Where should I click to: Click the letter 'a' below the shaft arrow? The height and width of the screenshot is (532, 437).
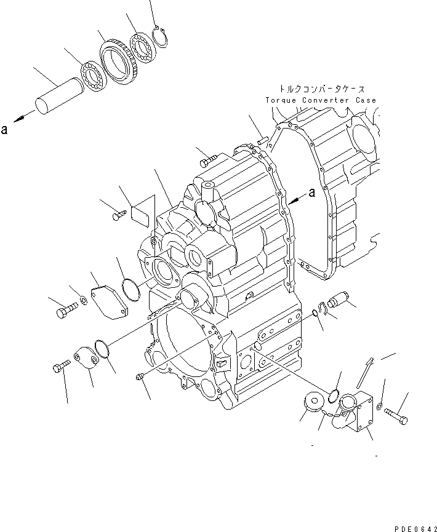(5, 130)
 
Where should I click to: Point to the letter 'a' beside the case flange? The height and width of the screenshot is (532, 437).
(312, 192)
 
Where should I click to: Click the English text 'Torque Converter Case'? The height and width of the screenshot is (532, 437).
(321, 100)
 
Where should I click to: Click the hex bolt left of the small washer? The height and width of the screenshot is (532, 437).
(63, 312)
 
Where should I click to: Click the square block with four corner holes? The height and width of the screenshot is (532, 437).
(361, 413)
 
